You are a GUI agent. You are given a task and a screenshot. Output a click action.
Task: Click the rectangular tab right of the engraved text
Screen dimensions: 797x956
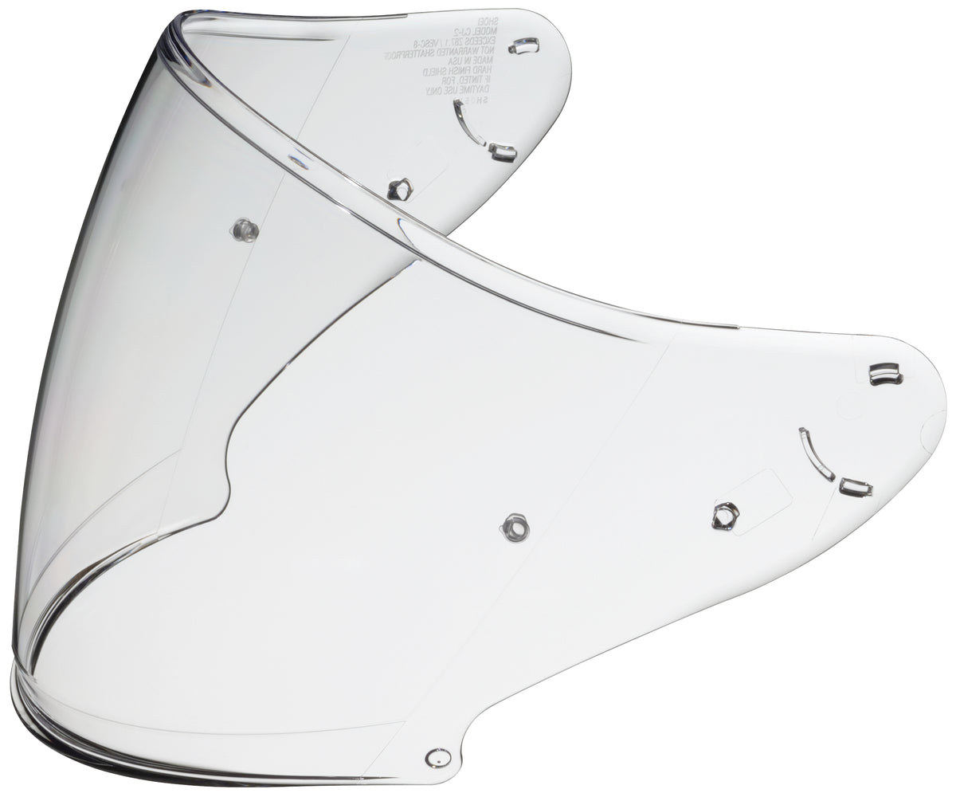524,45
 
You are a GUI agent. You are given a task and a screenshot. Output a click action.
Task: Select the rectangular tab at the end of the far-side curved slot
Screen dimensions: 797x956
503,151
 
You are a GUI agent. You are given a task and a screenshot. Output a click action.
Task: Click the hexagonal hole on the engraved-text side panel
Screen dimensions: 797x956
400,189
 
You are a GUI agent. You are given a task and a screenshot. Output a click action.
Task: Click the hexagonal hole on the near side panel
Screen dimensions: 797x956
725,516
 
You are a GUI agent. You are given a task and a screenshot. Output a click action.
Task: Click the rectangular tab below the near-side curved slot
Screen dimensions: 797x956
856,487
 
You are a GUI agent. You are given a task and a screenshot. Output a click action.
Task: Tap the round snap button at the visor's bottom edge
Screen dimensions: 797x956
437,757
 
